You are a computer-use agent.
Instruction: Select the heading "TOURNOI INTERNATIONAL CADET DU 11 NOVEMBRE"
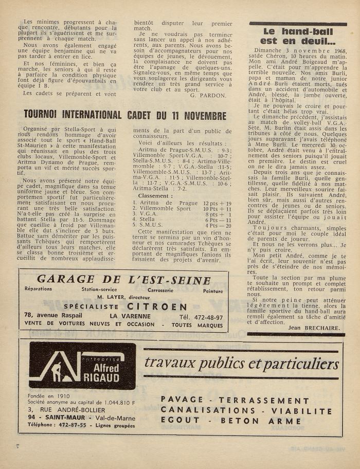(125, 115)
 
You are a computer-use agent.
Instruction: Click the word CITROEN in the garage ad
(146, 307)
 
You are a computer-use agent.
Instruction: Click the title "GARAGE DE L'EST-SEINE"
(123, 280)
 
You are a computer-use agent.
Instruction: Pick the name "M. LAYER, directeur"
(123, 297)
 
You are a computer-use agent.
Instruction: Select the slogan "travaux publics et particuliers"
(241, 363)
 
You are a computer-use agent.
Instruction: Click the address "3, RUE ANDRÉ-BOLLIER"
(67, 410)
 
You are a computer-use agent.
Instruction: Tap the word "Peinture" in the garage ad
(212, 290)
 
